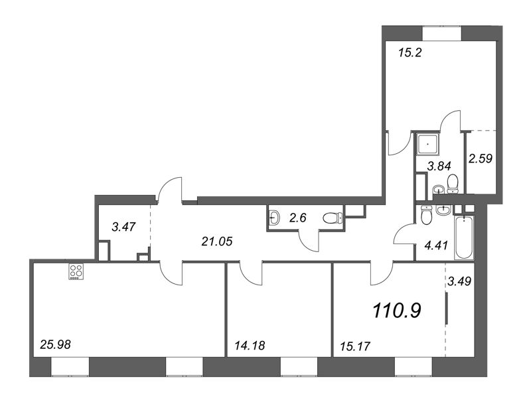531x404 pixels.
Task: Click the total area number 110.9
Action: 396,310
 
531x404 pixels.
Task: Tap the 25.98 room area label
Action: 55,344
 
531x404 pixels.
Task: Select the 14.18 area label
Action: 250,346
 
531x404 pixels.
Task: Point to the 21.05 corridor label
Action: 217,241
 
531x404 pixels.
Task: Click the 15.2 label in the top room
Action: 410,53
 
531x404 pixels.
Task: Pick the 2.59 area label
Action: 480,158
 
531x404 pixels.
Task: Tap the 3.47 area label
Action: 123,226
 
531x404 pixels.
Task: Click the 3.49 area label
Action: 459,281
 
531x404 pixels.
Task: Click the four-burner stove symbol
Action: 76,271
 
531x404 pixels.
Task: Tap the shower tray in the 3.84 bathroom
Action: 427,144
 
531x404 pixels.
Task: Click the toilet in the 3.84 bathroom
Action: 453,184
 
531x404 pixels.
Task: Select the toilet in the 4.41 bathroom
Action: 425,214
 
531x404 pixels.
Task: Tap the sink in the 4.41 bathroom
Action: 443,210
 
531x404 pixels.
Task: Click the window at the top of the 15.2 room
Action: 442,33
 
